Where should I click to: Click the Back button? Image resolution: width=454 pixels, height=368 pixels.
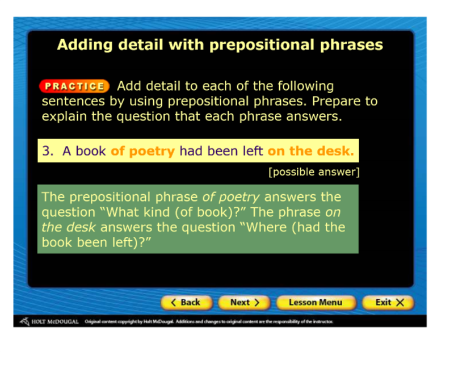[x=187, y=303]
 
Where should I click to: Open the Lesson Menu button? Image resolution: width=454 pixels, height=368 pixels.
[x=316, y=303]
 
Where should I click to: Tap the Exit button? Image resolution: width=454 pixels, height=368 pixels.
[x=388, y=303]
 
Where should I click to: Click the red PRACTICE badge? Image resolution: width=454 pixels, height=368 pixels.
[x=74, y=86]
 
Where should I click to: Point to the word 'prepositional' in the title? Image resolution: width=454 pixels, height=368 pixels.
[x=262, y=45]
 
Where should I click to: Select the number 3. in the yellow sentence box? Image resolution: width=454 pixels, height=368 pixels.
[x=48, y=151]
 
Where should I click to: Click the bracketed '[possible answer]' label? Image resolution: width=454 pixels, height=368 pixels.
[x=314, y=172]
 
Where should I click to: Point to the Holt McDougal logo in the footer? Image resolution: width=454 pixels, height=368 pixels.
[x=49, y=321]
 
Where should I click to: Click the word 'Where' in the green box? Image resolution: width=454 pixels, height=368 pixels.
[x=267, y=228]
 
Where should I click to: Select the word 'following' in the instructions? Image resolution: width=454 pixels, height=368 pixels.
[x=305, y=87]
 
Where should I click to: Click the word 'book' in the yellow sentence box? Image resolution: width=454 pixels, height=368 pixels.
[x=91, y=151]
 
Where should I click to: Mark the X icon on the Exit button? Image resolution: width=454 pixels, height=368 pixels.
[x=400, y=303]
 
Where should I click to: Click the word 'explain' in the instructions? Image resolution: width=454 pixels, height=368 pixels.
[x=64, y=117]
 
